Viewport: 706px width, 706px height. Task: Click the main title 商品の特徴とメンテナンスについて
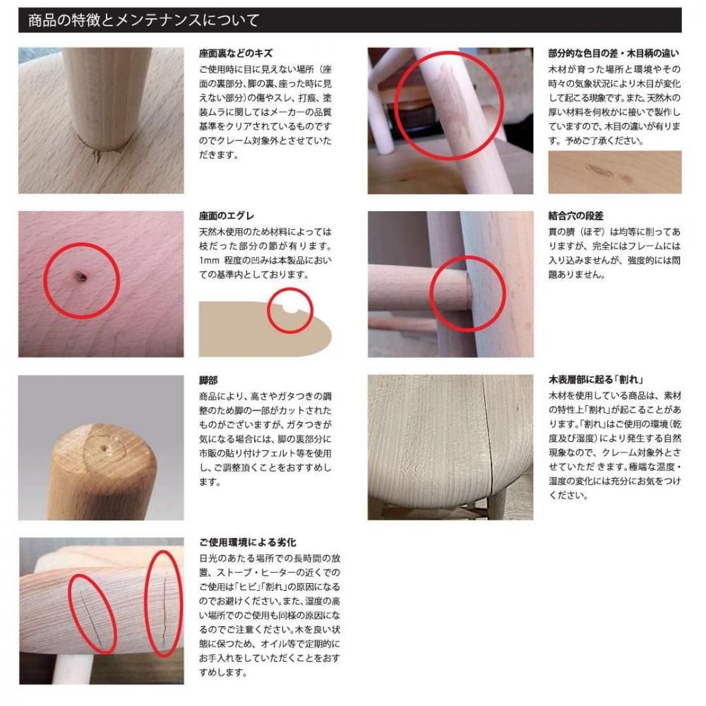[143, 20]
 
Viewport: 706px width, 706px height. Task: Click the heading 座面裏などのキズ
[236, 53]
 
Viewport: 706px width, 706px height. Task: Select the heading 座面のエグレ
[227, 215]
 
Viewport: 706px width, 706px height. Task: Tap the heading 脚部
[208, 381]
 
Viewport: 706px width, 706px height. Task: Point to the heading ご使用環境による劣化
[247, 542]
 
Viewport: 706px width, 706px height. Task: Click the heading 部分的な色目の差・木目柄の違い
[614, 53]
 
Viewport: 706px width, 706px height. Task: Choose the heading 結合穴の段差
[575, 215]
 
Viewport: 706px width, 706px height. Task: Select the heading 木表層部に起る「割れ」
[596, 380]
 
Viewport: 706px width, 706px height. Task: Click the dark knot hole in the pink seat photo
[81, 277]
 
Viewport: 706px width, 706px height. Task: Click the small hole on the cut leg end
[104, 449]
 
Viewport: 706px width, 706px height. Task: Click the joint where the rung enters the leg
[468, 293]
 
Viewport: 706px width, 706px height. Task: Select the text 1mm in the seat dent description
[209, 261]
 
